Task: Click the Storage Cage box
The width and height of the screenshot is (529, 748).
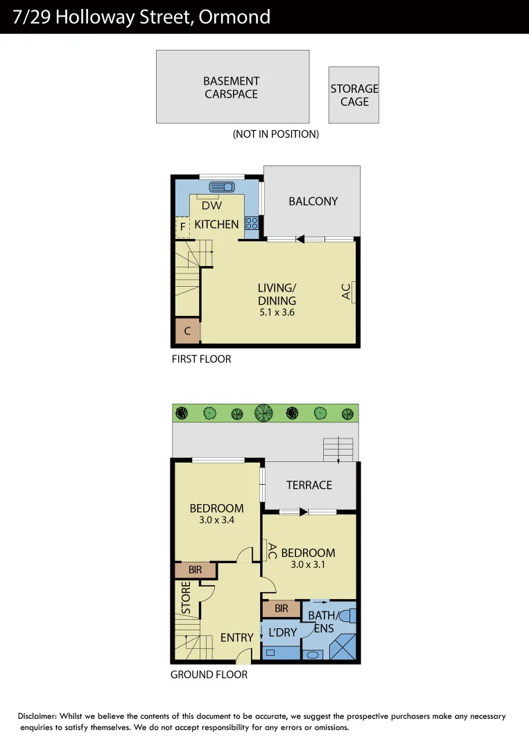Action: tap(354, 95)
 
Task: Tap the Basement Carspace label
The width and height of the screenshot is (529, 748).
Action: tap(232, 87)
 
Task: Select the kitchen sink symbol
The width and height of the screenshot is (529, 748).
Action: tap(222, 186)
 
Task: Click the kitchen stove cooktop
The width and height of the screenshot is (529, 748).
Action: tap(252, 223)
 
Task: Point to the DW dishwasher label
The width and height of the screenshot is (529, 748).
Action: tap(211, 205)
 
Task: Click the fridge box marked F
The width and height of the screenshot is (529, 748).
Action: tap(182, 226)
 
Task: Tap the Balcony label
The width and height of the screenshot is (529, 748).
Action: tap(313, 202)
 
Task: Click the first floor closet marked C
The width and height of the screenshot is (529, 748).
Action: tap(187, 331)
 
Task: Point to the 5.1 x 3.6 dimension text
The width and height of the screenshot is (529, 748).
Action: tap(277, 312)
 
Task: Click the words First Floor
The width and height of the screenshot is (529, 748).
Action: tap(201, 359)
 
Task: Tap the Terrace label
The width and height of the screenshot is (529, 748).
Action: tap(309, 485)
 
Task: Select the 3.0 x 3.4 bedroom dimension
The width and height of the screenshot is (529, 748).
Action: tap(216, 519)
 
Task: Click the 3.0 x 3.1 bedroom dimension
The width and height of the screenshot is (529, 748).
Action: tap(308, 564)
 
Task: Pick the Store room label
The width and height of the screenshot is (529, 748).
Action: tap(186, 598)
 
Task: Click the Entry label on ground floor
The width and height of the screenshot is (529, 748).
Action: tap(237, 637)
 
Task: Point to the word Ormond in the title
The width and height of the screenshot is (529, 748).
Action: tap(234, 17)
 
